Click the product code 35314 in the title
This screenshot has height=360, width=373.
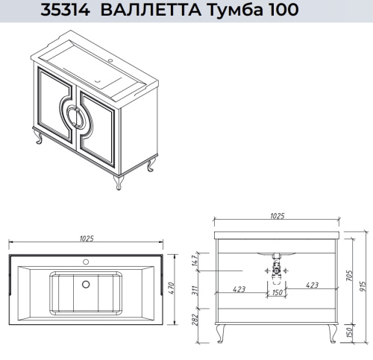click(x=66, y=10)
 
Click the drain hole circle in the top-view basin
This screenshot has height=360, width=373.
click(x=84, y=283)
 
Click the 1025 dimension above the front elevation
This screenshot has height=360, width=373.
click(x=277, y=216)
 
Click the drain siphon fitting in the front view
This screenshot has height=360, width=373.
click(x=276, y=270)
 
